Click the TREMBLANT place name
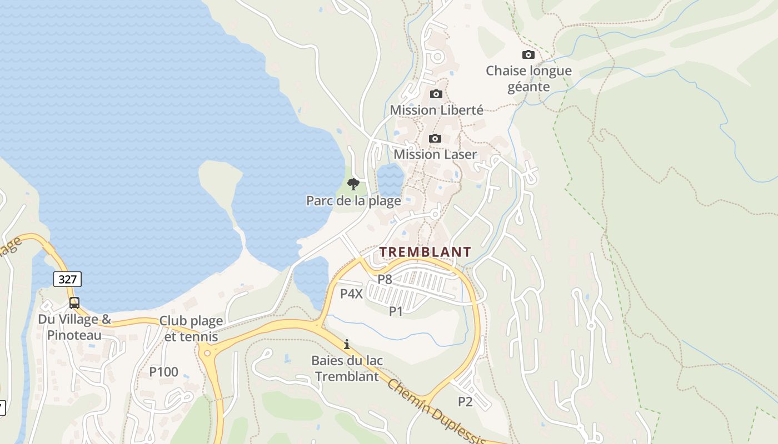pos(425,252)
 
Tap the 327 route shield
pos(68,279)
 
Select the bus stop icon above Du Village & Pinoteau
pos(74,303)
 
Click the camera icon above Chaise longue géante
pos(528,54)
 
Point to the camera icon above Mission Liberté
pos(436,94)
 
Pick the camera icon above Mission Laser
pos(435,138)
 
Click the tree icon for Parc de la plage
pos(353,184)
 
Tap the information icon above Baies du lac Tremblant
pos(347,344)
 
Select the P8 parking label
pos(385,279)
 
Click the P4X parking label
pos(351,294)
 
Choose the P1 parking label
pos(396,311)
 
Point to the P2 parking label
pos(465,401)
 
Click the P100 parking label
pos(164,372)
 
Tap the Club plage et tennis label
pos(191,329)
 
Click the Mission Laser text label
pos(435,154)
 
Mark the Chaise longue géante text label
pos(528,79)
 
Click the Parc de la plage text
pos(353,200)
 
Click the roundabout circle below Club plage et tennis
pos(207,352)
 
